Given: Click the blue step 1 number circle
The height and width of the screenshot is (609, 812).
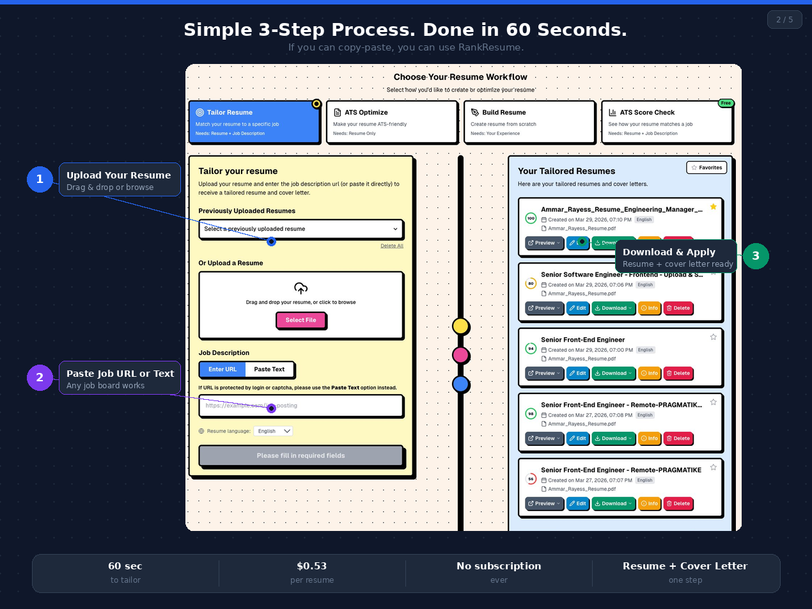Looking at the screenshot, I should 40,179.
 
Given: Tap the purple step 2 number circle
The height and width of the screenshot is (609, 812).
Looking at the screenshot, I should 40,377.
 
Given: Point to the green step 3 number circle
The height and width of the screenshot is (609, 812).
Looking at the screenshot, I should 756,256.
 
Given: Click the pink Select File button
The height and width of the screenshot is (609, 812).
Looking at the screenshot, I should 301,320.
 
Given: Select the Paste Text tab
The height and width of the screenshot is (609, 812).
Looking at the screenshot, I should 269,369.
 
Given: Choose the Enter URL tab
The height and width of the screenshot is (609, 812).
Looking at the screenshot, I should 223,369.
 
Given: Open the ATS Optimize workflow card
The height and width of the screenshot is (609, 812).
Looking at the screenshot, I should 392,122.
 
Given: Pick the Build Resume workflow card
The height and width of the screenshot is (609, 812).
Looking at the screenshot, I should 529,122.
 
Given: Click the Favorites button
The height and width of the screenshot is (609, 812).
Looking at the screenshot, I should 707,168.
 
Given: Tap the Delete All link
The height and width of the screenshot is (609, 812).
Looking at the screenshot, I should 392,246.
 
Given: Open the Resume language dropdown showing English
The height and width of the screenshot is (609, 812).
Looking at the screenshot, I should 273,431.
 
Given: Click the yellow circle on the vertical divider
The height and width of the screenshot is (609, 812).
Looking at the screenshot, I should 460,326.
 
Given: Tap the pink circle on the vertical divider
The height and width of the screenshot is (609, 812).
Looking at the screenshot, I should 460,355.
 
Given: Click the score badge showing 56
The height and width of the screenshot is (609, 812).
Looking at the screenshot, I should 531,479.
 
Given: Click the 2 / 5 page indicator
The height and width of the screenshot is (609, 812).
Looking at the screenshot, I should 785,20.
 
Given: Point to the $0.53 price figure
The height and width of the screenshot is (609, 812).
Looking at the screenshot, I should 312,566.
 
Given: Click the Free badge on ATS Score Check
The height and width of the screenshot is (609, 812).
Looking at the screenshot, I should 725,103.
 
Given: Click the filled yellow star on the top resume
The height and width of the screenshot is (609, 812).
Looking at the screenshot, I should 714,207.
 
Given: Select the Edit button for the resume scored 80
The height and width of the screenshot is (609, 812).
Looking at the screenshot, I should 577,308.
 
